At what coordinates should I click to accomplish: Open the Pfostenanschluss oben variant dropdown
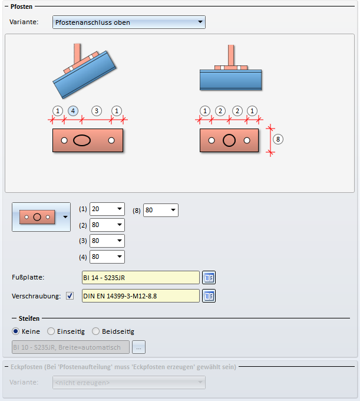(129, 22)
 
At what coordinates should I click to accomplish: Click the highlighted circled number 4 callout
(73, 111)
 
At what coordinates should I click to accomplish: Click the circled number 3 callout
(97, 111)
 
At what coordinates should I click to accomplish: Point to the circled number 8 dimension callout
(278, 139)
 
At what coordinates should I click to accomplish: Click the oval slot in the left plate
(82, 140)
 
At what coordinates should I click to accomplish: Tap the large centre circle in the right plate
(229, 140)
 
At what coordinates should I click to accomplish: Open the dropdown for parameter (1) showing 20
(107, 209)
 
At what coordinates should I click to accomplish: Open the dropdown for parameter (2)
(107, 225)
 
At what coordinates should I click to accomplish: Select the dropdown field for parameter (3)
(107, 241)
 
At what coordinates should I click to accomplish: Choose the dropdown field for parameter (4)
(107, 257)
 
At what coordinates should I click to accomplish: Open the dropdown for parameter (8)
(161, 210)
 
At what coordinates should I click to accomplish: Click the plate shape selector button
(41, 217)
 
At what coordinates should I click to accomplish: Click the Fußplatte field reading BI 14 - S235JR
(141, 278)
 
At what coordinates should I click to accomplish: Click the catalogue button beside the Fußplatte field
(209, 278)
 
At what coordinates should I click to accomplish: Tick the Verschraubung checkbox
(70, 296)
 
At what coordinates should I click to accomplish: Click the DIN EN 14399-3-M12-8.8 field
(141, 296)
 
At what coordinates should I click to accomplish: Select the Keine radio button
(15, 331)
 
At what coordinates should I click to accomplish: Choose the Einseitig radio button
(51, 331)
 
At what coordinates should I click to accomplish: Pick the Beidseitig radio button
(95, 331)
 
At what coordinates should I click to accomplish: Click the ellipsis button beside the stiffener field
(138, 347)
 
